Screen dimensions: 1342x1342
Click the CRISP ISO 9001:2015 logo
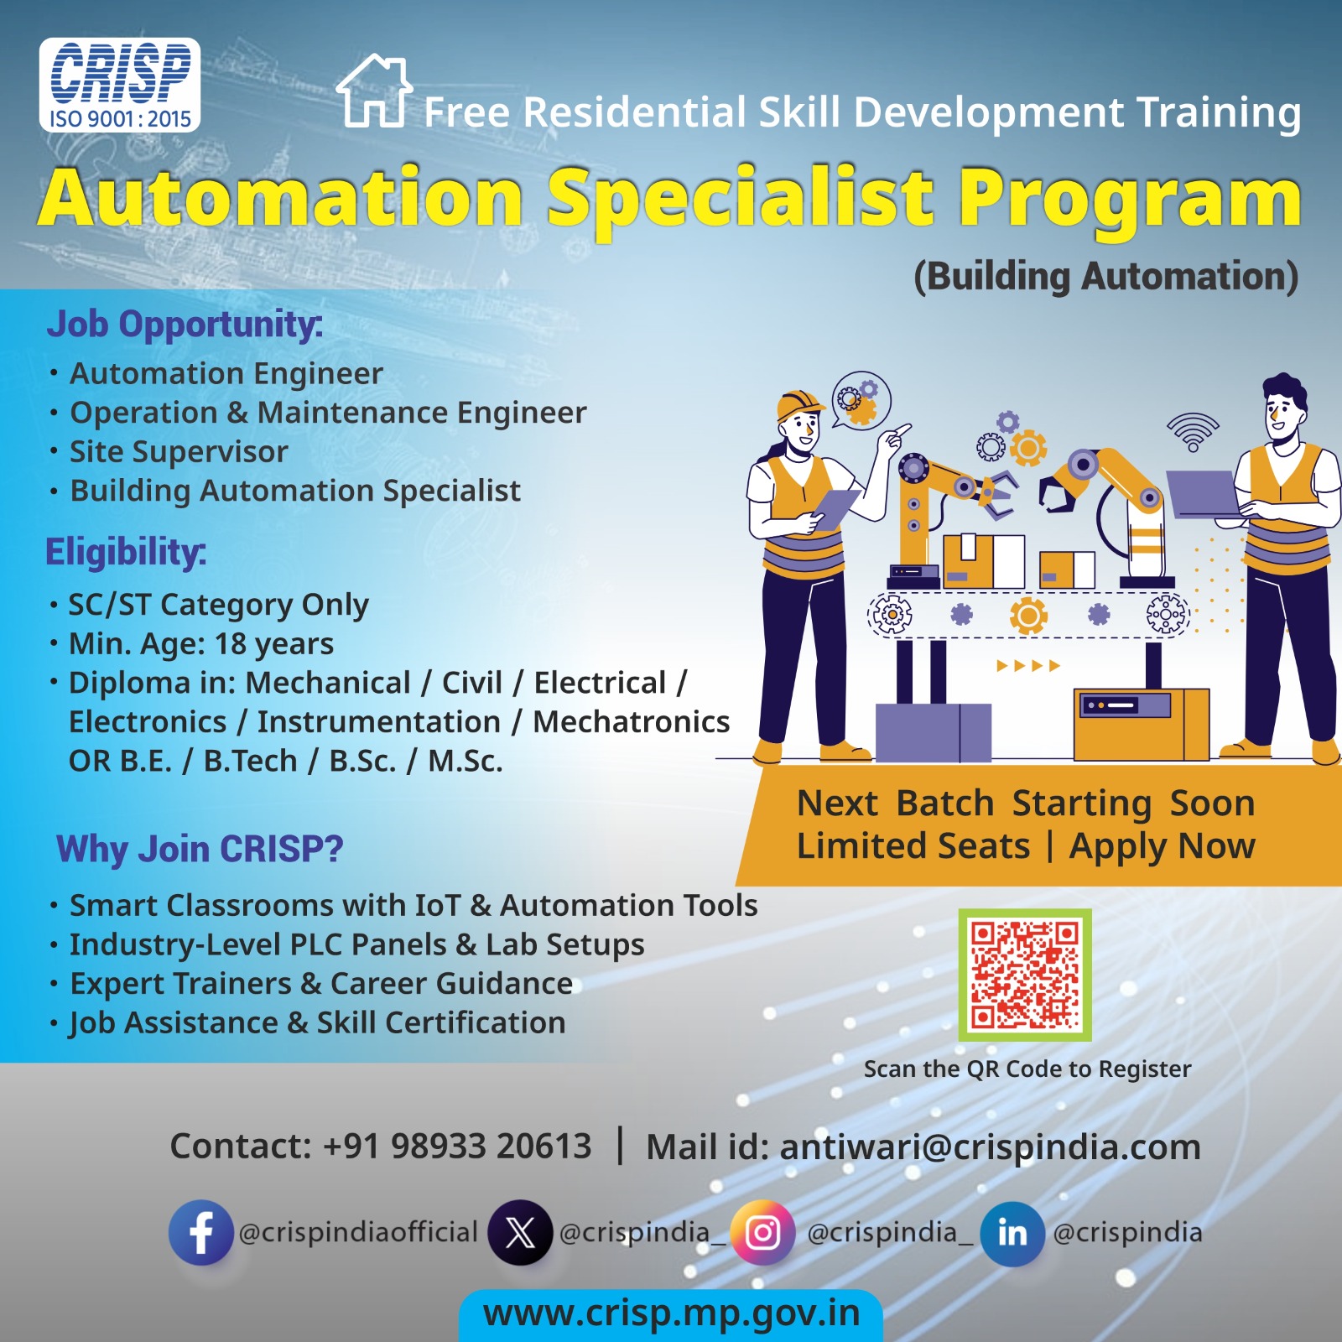(x=119, y=85)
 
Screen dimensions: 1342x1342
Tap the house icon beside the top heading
(x=374, y=91)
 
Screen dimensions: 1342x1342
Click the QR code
(x=1024, y=975)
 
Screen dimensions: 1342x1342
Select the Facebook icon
(x=200, y=1232)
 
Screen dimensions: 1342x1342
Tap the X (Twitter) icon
(x=520, y=1232)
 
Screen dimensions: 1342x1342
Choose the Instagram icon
(x=762, y=1232)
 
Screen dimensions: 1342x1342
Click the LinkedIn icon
(x=1012, y=1232)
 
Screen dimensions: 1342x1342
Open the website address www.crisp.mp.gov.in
(x=671, y=1313)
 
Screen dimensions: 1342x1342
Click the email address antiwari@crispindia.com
(x=990, y=1147)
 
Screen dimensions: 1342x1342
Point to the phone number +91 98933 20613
(x=457, y=1147)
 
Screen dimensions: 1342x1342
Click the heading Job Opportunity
(x=185, y=325)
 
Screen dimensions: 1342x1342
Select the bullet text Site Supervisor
(x=179, y=452)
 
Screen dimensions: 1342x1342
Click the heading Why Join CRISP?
(x=200, y=849)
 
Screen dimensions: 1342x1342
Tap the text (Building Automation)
(x=1105, y=277)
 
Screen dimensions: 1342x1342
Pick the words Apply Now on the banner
(x=1162, y=846)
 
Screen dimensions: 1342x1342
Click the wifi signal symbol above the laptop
(x=1193, y=430)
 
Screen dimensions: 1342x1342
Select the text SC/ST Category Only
(x=218, y=605)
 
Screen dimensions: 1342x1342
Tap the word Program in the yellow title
(x=1130, y=198)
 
